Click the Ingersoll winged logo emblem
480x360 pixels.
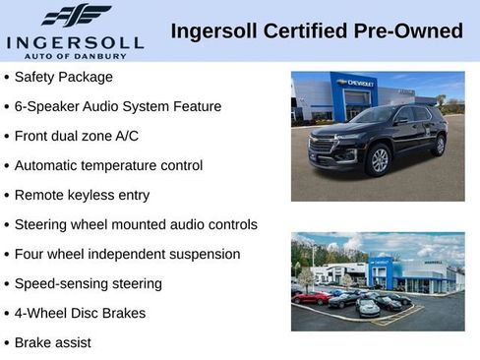pyautogui.click(x=75, y=16)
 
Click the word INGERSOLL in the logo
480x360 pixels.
pyautogui.click(x=75, y=42)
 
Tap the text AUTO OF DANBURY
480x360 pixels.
pyautogui.click(x=75, y=55)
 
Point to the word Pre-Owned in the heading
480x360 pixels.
pyautogui.click(x=411, y=30)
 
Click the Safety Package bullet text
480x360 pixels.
pyautogui.click(x=64, y=77)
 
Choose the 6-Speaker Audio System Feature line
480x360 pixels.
pyautogui.click(x=118, y=106)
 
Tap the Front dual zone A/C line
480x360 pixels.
pyautogui.click(x=81, y=136)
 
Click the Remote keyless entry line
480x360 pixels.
pyautogui.click(x=82, y=195)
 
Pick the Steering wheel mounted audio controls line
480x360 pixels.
pyautogui.click(x=136, y=224)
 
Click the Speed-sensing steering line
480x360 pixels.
pyautogui.click(x=89, y=283)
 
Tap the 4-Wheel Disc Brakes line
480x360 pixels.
pyautogui.click(x=80, y=313)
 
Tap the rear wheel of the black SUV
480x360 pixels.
pyautogui.click(x=439, y=145)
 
